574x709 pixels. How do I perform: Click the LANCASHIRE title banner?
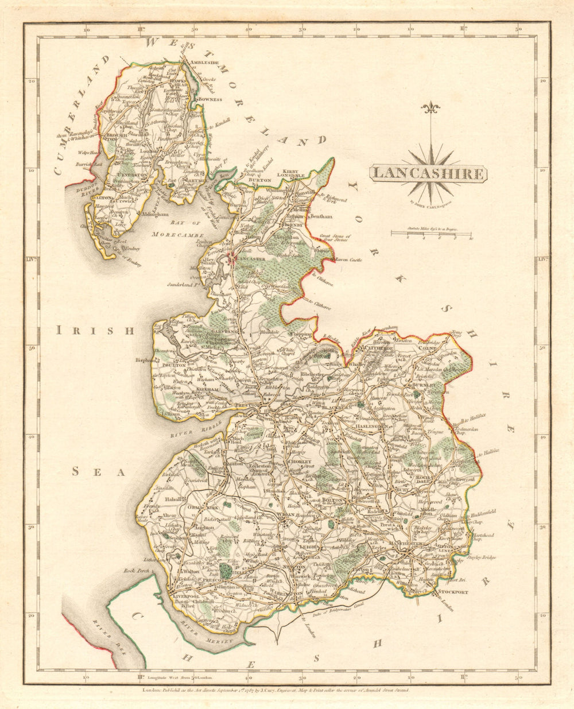pyautogui.click(x=428, y=173)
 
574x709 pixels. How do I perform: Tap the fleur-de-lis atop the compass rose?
pyautogui.click(x=430, y=108)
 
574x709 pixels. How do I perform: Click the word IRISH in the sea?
pyautogui.click(x=95, y=330)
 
